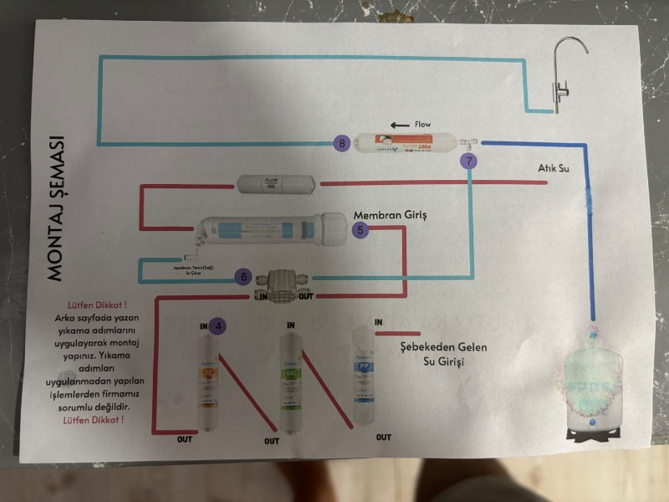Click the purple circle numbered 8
[341, 143]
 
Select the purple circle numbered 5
[360, 228]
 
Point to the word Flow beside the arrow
[422, 125]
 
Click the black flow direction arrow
[399, 125]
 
